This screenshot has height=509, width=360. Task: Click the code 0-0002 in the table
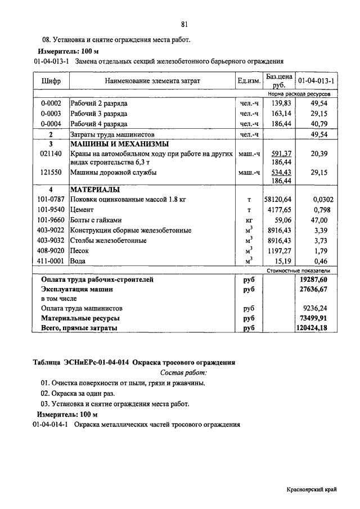(51, 104)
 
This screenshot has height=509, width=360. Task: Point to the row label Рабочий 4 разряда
(98, 124)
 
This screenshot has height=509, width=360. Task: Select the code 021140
(51, 154)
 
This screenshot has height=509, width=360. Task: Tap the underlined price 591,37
(281, 154)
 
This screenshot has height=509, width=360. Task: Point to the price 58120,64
(278, 200)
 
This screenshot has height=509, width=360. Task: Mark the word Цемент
(83, 210)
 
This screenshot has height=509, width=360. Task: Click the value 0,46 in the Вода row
(319, 261)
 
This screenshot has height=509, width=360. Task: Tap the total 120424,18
(313, 328)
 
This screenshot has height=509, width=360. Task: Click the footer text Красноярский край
(311, 490)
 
